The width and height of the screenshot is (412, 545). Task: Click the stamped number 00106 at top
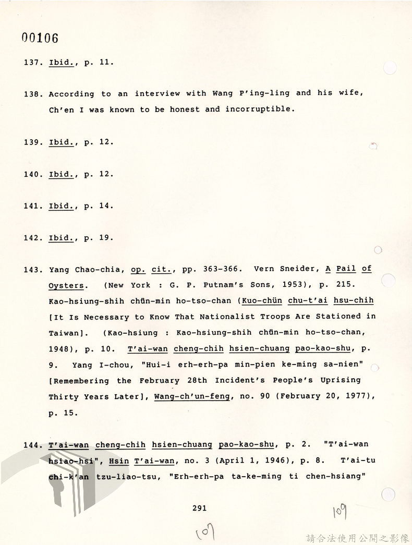pos(40,38)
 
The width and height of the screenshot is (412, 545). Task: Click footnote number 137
pos(32,62)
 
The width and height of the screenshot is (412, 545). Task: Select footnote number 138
pos(32,94)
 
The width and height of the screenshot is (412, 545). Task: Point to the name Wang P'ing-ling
pos(249,94)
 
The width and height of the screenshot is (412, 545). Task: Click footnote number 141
pos(32,206)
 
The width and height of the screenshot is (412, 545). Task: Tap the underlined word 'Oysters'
pos(66,286)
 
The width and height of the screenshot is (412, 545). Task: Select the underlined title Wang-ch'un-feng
pos(192,396)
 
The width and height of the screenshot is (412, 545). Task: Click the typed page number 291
pos(199,508)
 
